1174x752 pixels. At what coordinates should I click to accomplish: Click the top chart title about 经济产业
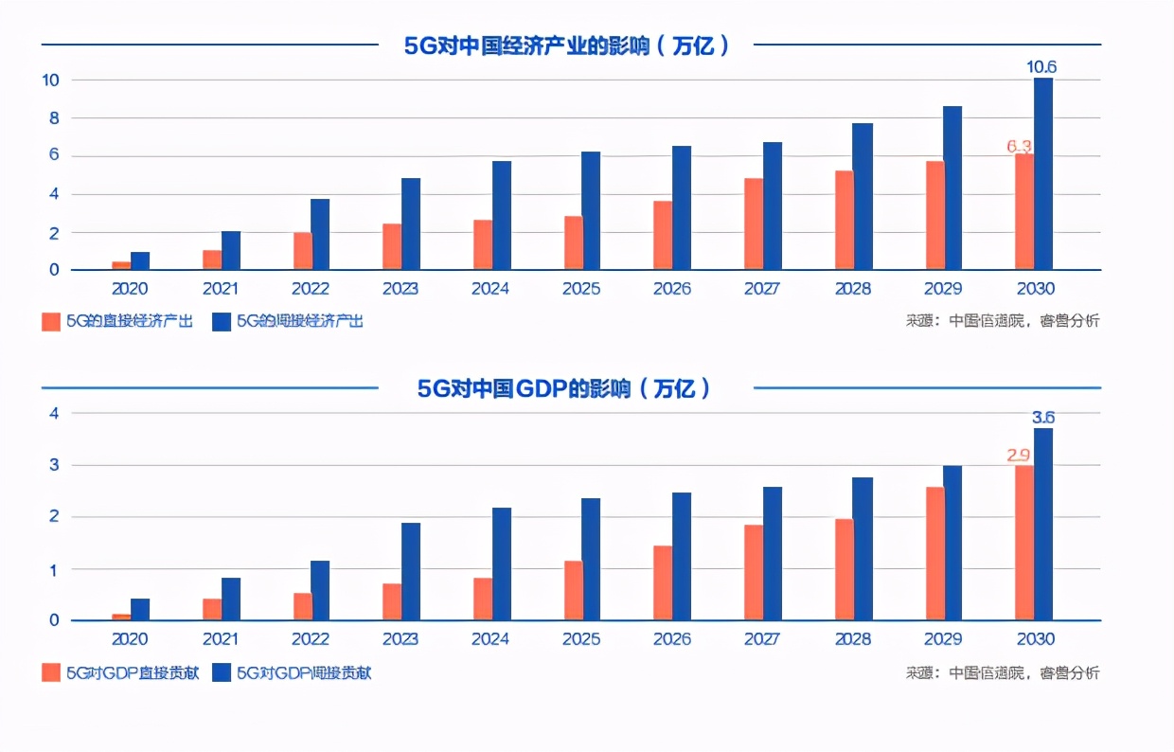coord(566,45)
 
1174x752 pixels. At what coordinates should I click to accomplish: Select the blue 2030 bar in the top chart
coord(1042,174)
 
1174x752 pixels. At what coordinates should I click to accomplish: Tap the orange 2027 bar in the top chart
coord(754,224)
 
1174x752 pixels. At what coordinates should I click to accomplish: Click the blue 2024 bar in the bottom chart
coord(502,564)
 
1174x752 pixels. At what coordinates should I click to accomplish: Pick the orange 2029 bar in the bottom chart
coord(934,553)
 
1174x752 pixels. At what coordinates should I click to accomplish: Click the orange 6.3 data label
coord(1019,146)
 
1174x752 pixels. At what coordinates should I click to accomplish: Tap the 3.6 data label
coord(1042,417)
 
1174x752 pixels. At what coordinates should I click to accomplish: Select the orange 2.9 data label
coord(1019,456)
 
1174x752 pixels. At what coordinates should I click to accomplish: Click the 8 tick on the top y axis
coord(55,118)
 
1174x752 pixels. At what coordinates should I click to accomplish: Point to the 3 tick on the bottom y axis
coord(55,465)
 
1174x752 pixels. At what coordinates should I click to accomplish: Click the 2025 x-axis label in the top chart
coord(580,289)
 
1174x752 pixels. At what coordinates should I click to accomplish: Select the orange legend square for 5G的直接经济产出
coord(51,322)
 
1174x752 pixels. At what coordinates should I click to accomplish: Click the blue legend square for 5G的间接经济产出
coord(222,322)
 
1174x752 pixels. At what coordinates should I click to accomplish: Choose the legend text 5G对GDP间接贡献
coord(303,673)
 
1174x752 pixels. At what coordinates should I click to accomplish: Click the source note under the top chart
coord(1002,321)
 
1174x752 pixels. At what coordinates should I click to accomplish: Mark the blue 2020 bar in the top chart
coord(140,260)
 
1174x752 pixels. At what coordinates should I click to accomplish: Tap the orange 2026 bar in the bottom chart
coord(663,582)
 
